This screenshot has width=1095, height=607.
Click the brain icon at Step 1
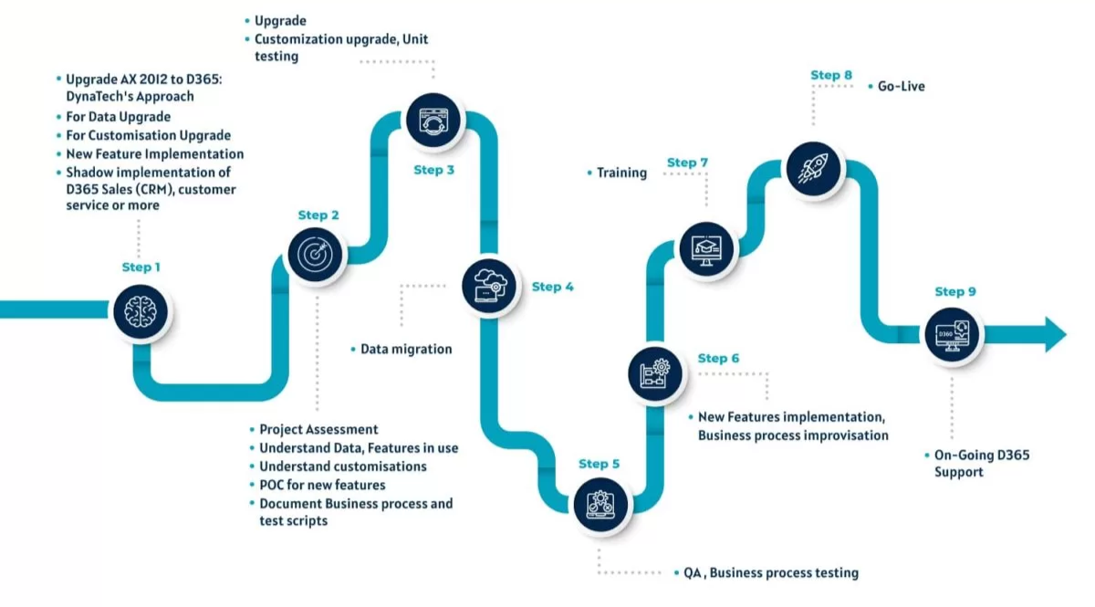click(140, 311)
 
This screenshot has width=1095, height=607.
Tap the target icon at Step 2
click(316, 253)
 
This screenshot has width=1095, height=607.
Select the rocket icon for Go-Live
click(812, 166)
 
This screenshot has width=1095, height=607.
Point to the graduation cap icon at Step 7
click(706, 247)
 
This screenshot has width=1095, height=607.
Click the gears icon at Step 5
click(600, 505)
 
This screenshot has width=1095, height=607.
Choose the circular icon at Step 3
click(434, 120)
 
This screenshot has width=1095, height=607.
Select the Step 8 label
click(831, 75)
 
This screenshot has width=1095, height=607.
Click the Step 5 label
click(599, 464)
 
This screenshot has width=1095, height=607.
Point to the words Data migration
click(405, 349)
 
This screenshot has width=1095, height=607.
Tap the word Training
click(621, 173)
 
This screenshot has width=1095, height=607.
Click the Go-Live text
click(901, 86)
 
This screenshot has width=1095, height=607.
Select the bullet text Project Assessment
click(318, 429)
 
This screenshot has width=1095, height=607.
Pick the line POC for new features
click(322, 485)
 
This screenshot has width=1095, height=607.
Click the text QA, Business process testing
click(771, 573)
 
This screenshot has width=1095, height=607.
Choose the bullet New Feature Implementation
click(154, 154)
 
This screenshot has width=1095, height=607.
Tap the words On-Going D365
click(981, 455)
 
